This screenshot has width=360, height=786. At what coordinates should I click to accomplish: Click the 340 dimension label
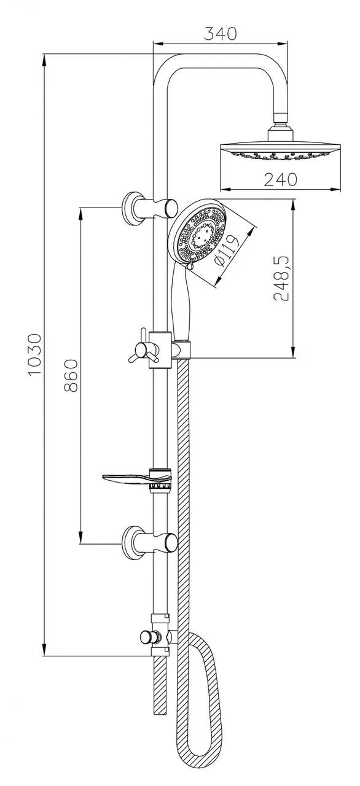tap(221, 33)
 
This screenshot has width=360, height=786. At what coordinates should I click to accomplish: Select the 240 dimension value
tap(280, 180)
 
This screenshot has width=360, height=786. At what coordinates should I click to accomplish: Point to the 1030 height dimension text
tap(35, 355)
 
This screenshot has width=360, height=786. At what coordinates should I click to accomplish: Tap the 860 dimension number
tap(71, 375)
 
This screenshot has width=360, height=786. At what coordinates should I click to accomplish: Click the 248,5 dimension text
tap(281, 278)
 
